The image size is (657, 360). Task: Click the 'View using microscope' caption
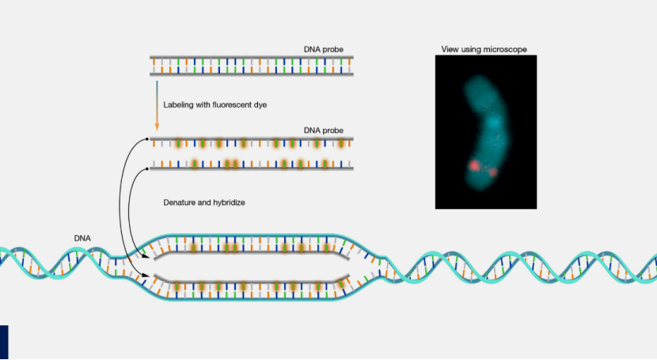[484, 50]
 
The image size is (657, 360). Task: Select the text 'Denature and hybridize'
[204, 203]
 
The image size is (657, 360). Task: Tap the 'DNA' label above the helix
[82, 237]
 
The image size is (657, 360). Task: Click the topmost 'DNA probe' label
[323, 49]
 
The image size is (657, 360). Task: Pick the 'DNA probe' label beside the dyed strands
[323, 130]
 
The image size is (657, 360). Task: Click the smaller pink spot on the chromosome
[492, 172]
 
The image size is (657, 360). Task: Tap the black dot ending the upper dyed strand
[149, 139]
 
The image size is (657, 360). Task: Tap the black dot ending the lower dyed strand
[149, 168]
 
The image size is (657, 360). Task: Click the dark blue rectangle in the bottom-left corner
[4, 341]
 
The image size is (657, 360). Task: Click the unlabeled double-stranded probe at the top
[252, 64]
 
